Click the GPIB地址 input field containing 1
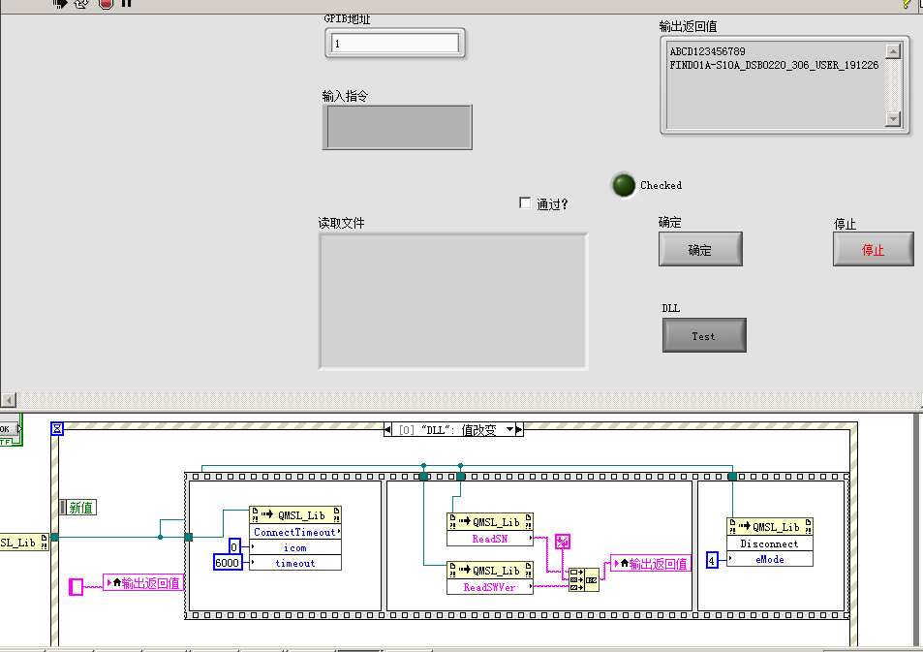click(x=394, y=44)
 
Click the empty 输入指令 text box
click(x=397, y=127)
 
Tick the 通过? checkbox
click(x=526, y=203)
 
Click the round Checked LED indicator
click(x=624, y=185)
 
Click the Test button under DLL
click(x=704, y=336)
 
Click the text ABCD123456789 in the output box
click(x=708, y=51)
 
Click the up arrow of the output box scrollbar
click(x=893, y=51)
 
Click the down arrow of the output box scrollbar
click(x=893, y=118)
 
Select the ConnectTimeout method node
click(x=294, y=532)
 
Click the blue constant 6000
click(x=227, y=563)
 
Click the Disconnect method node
click(x=769, y=543)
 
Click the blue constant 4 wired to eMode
click(x=712, y=560)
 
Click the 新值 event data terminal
click(x=80, y=508)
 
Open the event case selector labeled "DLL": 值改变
click(x=454, y=429)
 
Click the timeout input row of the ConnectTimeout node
click(x=294, y=563)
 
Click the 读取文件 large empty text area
click(x=452, y=300)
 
